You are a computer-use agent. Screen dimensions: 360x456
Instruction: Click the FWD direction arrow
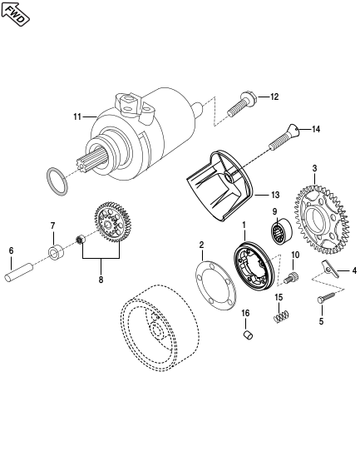pyautogui.click(x=15, y=14)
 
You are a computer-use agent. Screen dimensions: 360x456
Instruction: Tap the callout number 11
pyautogui.click(x=77, y=116)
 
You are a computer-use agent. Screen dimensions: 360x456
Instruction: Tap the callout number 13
pyautogui.click(x=275, y=195)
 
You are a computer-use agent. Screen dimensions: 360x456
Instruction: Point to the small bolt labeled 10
pyautogui.click(x=292, y=278)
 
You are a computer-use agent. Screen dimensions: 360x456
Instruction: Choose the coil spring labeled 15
pyautogui.click(x=281, y=316)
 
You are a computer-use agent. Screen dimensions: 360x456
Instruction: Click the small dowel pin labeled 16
pyautogui.click(x=248, y=335)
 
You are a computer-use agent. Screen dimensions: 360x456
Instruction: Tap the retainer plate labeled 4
pyautogui.click(x=330, y=269)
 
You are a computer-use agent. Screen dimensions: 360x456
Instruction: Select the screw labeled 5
pyautogui.click(x=326, y=299)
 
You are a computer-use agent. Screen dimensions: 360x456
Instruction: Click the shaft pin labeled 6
pyautogui.click(x=19, y=272)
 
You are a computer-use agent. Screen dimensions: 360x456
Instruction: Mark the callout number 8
pyautogui.click(x=101, y=280)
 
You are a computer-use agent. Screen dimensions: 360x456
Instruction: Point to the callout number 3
pyautogui.click(x=314, y=168)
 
